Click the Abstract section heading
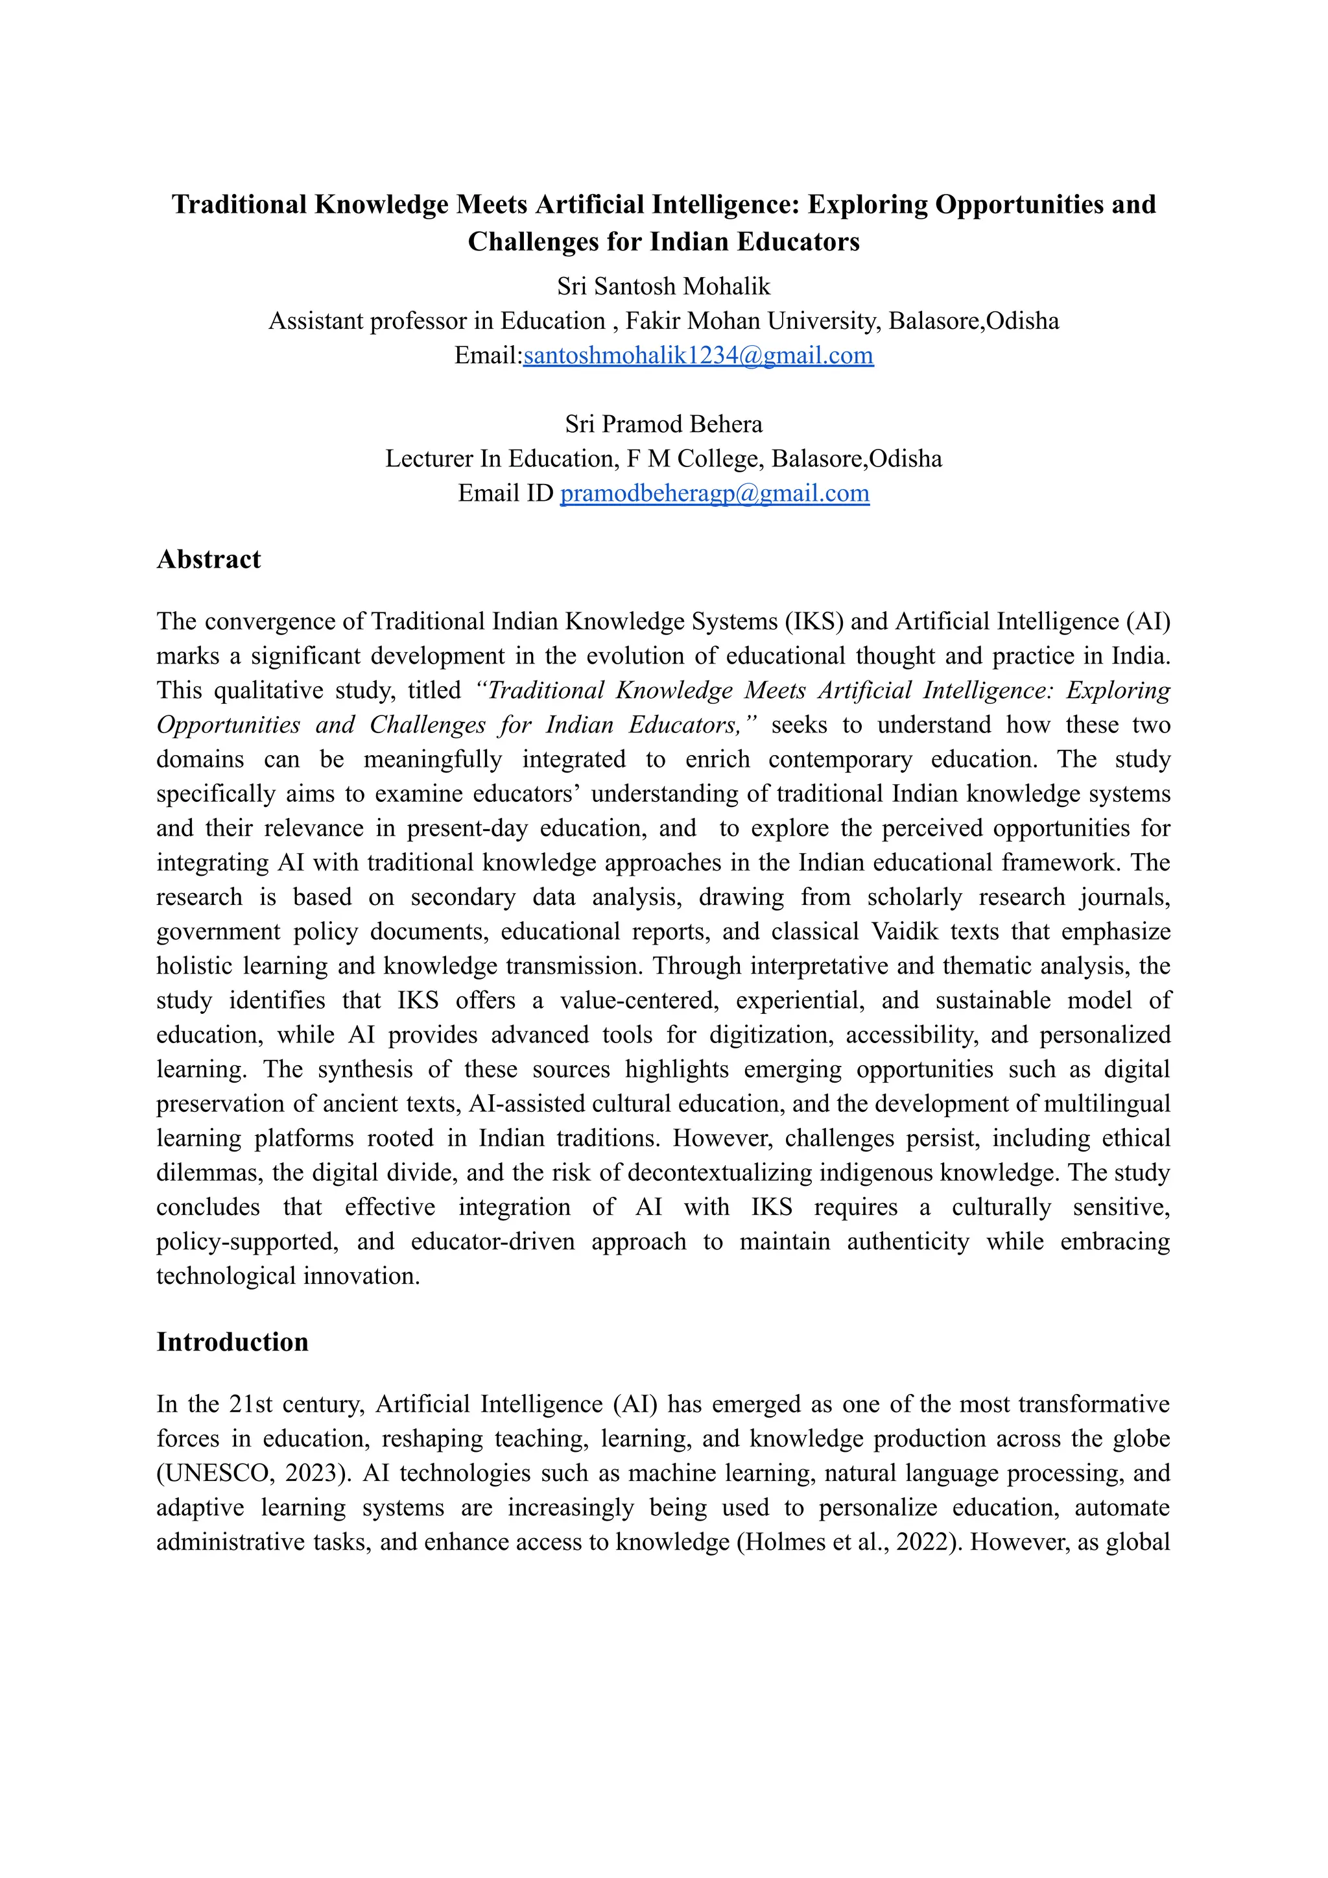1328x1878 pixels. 209,559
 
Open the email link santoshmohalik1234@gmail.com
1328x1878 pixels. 698,355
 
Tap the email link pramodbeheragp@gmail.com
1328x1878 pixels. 714,493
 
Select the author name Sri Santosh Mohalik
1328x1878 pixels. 663,286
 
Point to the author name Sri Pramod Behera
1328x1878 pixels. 663,424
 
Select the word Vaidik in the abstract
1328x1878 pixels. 903,932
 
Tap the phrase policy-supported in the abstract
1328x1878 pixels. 247,1242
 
